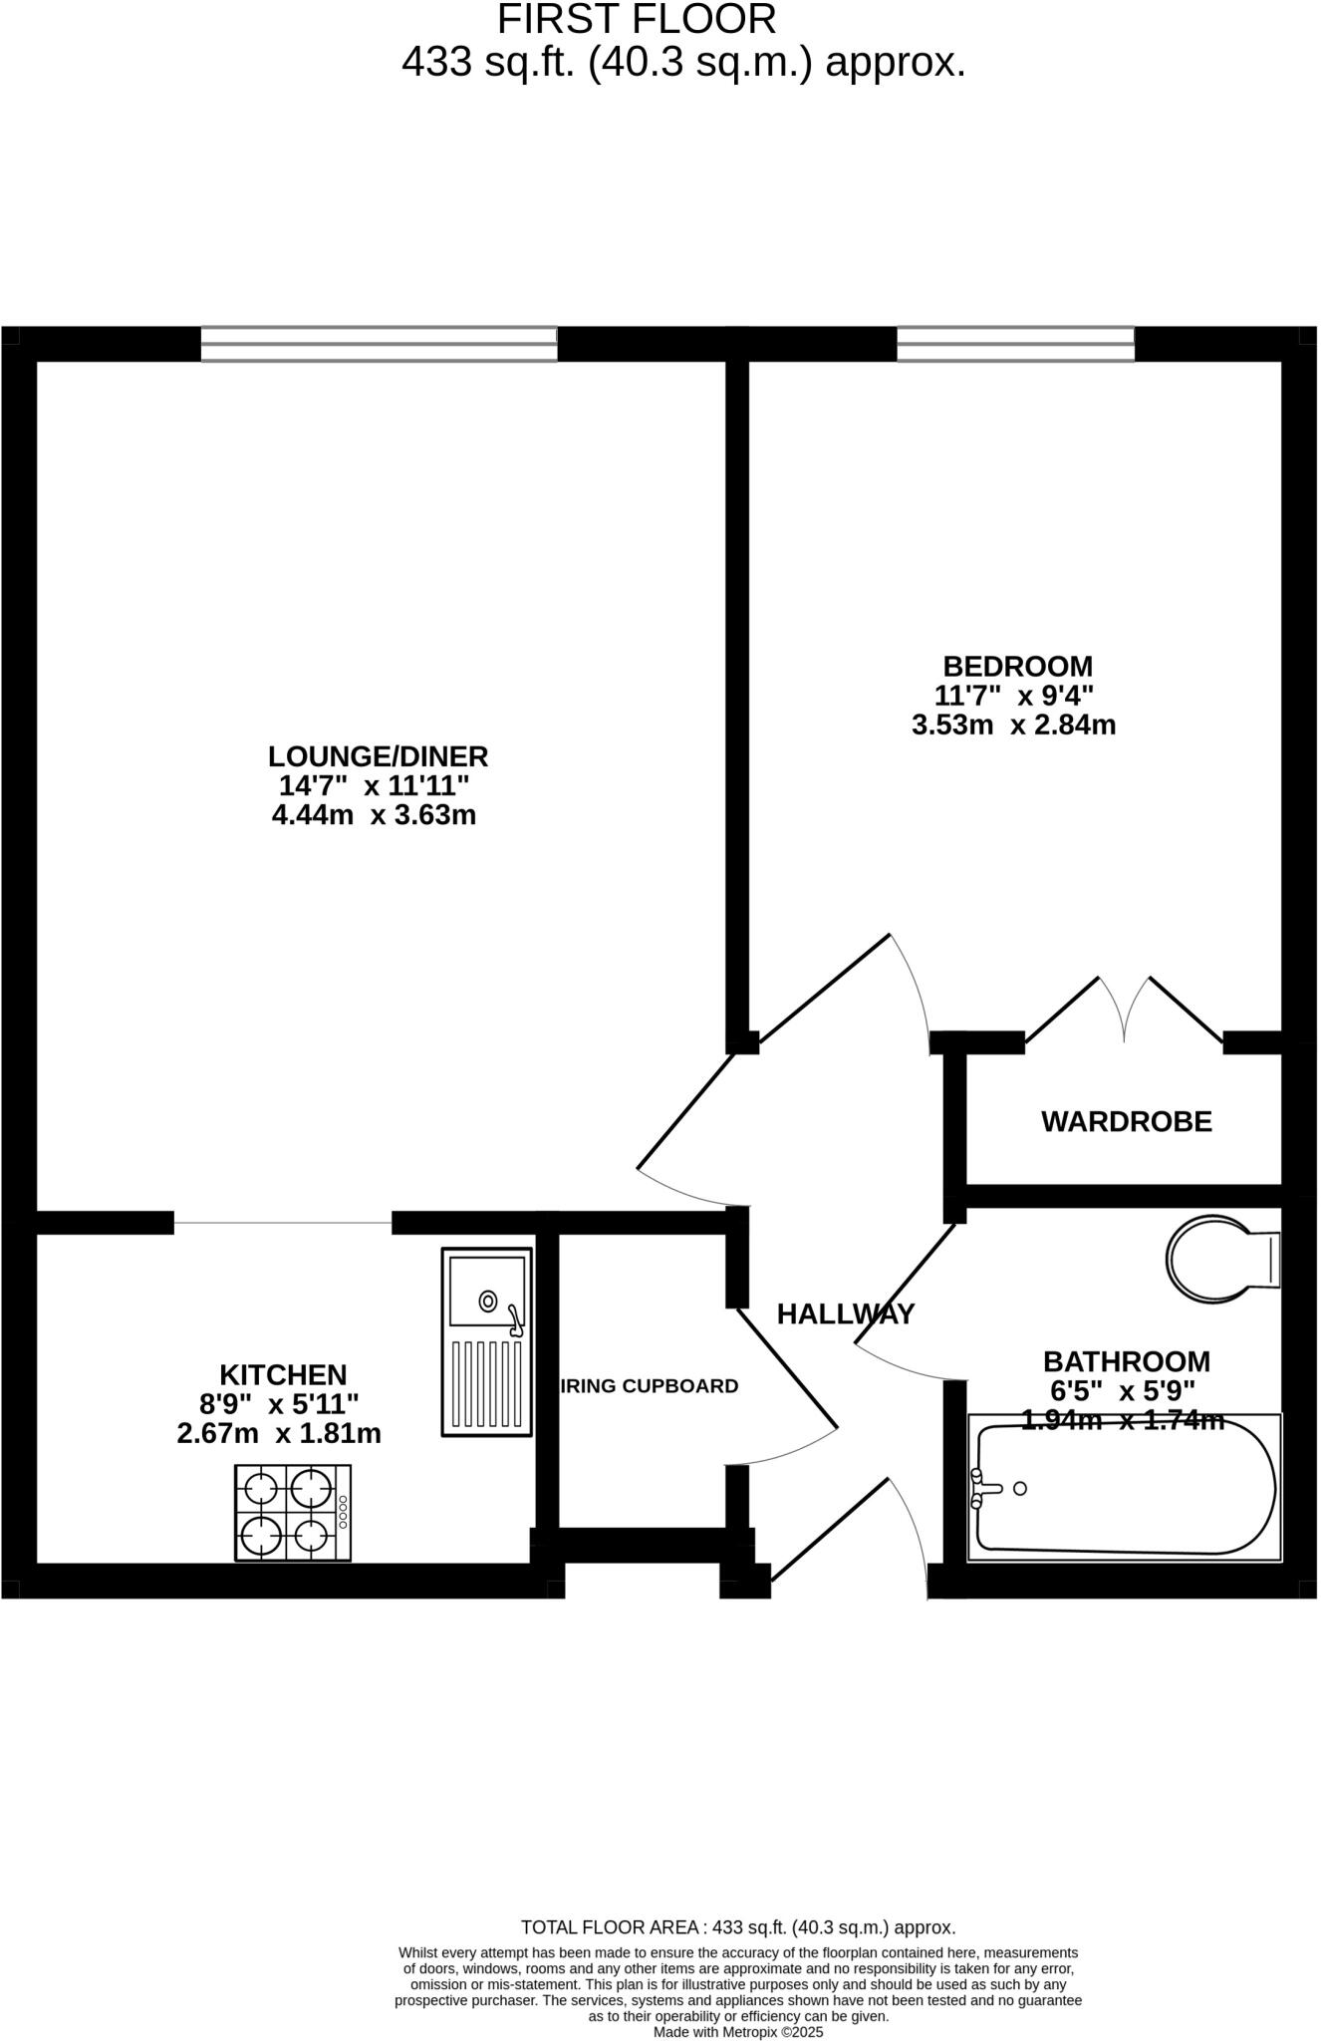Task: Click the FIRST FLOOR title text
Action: [x=636, y=20]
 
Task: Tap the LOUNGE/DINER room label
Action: [x=378, y=755]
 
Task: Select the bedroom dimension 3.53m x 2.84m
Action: [x=1013, y=725]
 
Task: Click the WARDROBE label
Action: [x=1126, y=1122]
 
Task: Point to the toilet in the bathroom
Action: [x=1217, y=1258]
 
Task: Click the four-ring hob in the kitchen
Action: [x=293, y=1512]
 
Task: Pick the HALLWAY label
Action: [x=845, y=1314]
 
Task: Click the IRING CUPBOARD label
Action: [x=650, y=1386]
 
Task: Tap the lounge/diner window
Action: [x=379, y=344]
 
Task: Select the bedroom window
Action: [x=1015, y=344]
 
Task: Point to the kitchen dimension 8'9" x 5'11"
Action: [x=279, y=1404]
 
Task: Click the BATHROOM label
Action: [x=1126, y=1361]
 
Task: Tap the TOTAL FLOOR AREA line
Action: [x=738, y=1927]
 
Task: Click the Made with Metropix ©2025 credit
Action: [x=738, y=2031]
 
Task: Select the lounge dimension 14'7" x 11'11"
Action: [x=374, y=785]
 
